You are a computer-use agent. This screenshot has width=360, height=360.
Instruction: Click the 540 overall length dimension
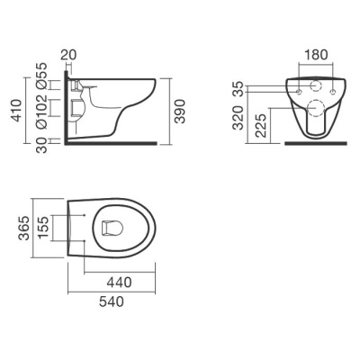tap(112, 301)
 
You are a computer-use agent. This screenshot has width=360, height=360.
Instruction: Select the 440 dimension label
tap(120, 283)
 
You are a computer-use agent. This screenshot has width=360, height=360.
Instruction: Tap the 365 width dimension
tap(24, 228)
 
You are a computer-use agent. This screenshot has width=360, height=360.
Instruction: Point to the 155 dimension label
tap(43, 228)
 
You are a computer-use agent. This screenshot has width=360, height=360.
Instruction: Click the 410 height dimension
tap(16, 111)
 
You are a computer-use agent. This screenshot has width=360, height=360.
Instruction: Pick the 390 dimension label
tap(180, 112)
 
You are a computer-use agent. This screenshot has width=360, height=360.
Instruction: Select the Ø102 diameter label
tap(41, 112)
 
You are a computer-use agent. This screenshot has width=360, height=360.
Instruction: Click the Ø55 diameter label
tap(41, 76)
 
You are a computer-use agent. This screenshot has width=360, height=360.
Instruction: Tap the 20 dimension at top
tap(68, 55)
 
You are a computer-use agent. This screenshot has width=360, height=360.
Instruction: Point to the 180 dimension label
tap(316, 55)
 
